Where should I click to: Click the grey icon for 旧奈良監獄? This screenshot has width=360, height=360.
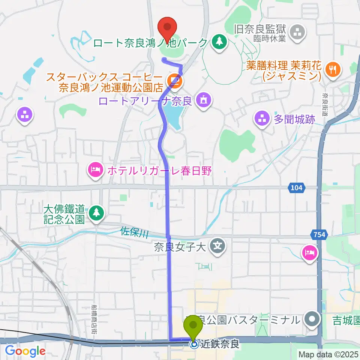pos(298,33)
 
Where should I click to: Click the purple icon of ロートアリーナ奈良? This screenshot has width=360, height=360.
pos(204,100)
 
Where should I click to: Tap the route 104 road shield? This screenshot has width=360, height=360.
pos(298,187)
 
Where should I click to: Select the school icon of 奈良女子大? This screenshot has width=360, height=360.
pos(218,246)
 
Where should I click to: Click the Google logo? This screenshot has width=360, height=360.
pos(25,351)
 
